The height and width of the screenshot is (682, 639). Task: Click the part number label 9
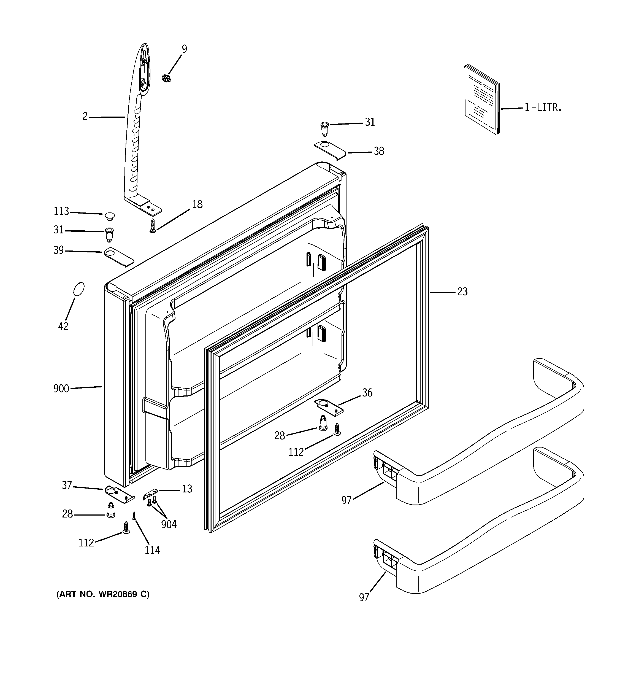pos(184,49)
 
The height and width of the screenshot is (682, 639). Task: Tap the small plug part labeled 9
pos(166,79)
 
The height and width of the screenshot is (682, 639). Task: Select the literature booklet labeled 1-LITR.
pos(481,99)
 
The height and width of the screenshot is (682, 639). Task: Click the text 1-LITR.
pos(543,107)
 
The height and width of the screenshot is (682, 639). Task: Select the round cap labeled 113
pos(109,216)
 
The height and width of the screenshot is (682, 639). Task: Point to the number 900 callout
pos(61,389)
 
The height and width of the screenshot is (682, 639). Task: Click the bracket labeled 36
pos(329,406)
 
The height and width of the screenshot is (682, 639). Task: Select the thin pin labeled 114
pos(134,516)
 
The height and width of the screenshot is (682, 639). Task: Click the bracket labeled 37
pos(119,494)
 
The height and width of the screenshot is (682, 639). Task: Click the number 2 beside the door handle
pos(85,117)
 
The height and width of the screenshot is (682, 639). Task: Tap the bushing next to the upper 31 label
pos(324,129)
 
